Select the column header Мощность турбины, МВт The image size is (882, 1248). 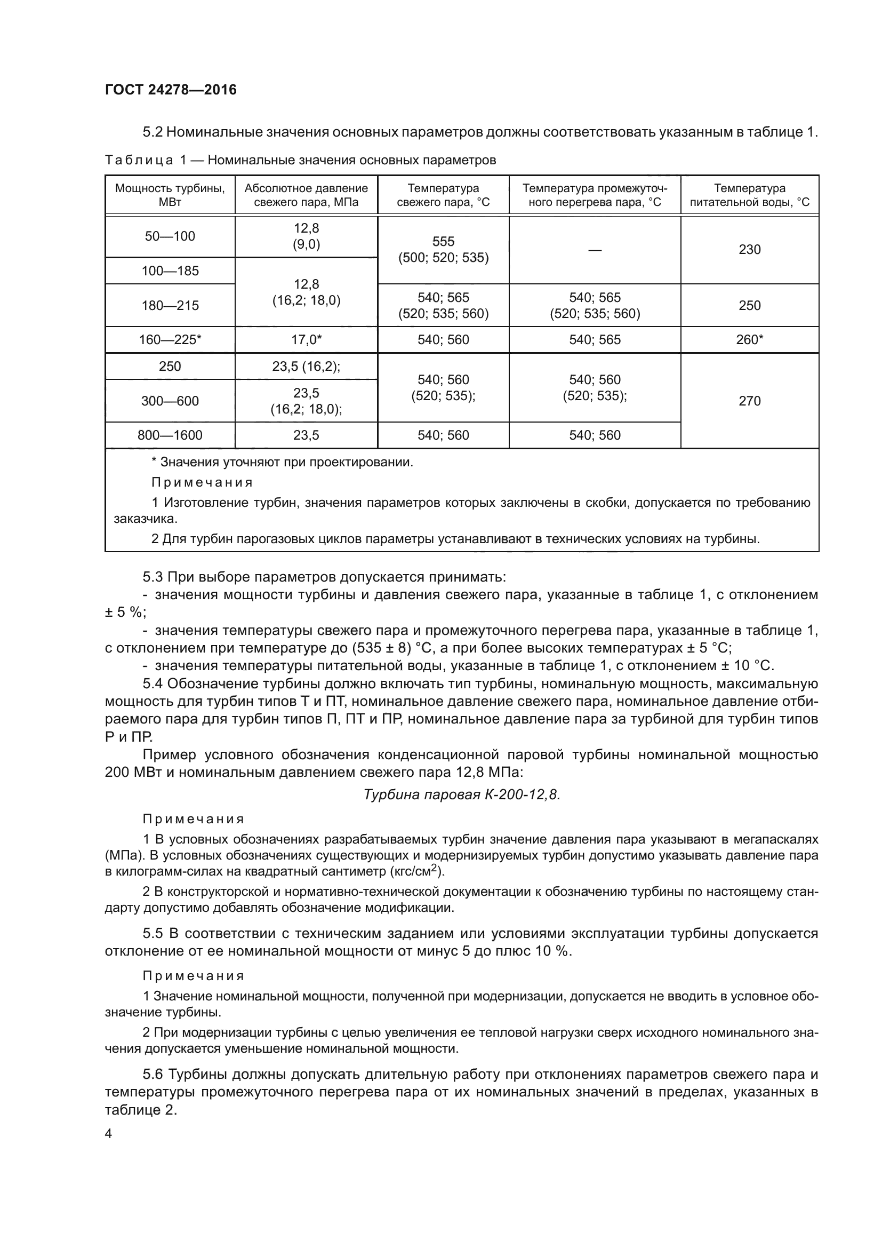point(170,195)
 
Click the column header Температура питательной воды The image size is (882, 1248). point(749,195)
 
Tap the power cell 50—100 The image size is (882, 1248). point(170,236)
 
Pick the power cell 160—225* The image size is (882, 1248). point(170,340)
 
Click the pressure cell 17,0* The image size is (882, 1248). point(306,340)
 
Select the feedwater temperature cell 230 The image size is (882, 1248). point(749,250)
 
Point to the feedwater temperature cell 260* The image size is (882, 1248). point(749,340)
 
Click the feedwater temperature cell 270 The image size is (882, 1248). point(749,401)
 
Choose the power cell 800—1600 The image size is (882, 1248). point(170,435)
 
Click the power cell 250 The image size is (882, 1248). point(170,367)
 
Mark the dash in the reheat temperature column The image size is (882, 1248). point(595,250)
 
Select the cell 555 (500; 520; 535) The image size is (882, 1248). point(443,250)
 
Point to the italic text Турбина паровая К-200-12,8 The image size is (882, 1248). point(461,795)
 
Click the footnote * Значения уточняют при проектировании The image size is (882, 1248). point(282,463)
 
